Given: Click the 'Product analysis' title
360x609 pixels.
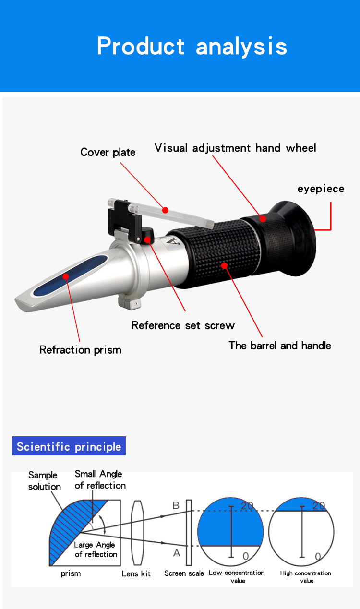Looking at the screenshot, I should click(192, 47).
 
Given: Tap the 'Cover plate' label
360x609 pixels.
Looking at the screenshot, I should click(108, 153).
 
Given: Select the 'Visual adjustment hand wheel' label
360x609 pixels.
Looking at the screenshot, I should click(235, 148).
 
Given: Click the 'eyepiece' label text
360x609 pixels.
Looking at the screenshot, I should click(321, 189).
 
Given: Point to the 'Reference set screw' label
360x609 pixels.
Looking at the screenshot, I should click(183, 325).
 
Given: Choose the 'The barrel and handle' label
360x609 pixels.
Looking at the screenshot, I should click(280, 346).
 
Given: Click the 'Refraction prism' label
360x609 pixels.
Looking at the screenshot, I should click(80, 350).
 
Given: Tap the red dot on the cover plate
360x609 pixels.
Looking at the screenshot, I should click(165, 210).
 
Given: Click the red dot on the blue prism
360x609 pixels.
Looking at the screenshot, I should click(66, 276).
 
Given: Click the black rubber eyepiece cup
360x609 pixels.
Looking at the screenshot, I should click(295, 229).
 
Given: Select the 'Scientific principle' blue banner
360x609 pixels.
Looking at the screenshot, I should click(69, 446).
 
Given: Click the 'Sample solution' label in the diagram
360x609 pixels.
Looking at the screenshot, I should click(44, 481).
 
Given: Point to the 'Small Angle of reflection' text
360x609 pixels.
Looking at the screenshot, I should click(100, 479).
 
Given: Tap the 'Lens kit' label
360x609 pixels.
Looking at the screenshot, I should click(136, 573).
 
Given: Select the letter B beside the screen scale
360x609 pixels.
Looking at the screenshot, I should click(176, 505).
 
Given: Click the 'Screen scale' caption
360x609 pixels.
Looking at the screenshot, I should click(184, 573).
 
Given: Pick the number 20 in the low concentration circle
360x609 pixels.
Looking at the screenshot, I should click(247, 505).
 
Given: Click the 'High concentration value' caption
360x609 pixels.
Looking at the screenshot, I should click(306, 576).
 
